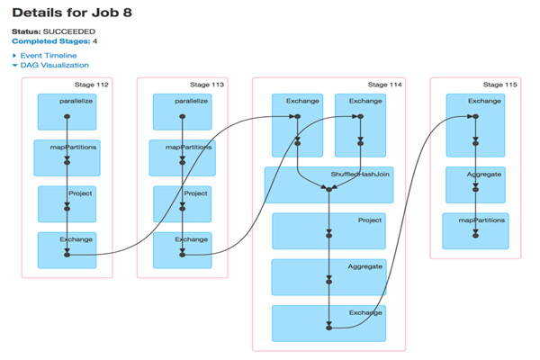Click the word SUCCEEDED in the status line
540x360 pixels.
[x=71, y=31]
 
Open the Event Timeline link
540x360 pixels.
[x=48, y=56]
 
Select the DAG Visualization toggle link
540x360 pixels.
[x=54, y=65]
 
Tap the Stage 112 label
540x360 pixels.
[x=91, y=85]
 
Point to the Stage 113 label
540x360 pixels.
[x=206, y=85]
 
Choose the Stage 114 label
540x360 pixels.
[x=386, y=85]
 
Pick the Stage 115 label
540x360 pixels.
[x=500, y=85]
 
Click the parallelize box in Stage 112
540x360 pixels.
[x=67, y=112]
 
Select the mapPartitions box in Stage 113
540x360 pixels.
[x=182, y=157]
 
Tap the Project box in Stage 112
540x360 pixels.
[x=67, y=203]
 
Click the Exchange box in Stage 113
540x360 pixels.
[x=182, y=249]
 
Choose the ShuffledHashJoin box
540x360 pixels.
[x=330, y=184]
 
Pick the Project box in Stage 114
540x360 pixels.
[x=330, y=231]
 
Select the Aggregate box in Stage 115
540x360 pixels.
[x=475, y=184]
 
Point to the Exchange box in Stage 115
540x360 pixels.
[x=475, y=112]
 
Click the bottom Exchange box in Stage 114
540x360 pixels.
[x=330, y=323]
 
